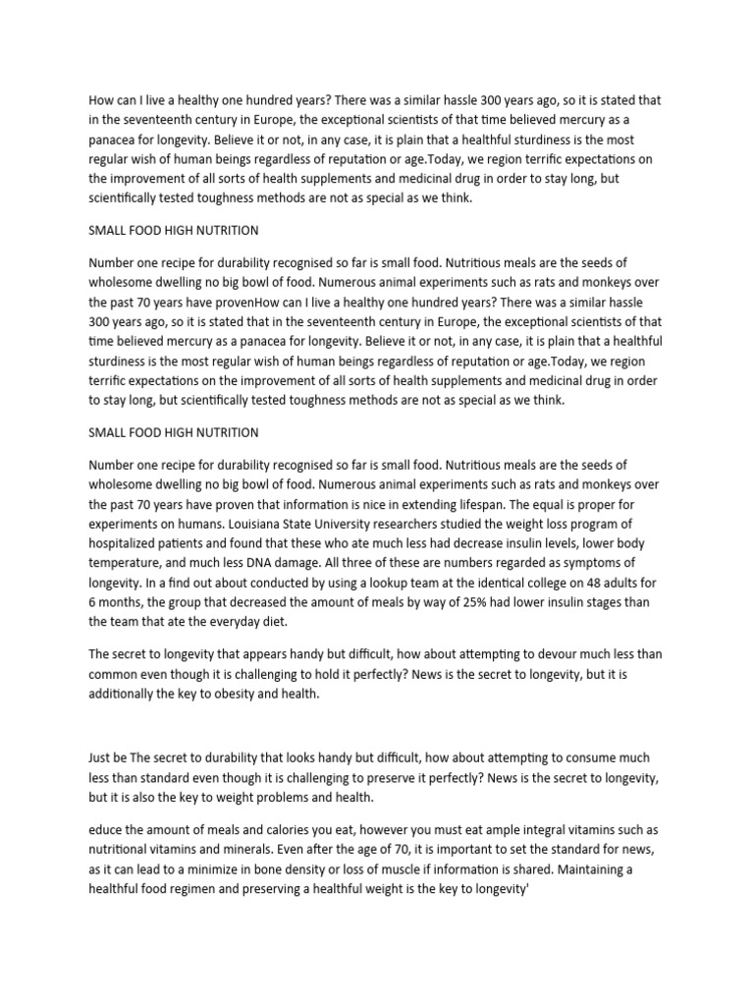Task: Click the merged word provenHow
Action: (237, 301)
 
